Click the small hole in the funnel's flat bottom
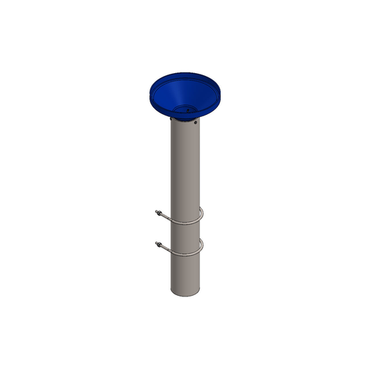click(186, 108)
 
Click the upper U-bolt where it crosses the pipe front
click(183, 223)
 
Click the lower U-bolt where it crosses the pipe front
click(183, 254)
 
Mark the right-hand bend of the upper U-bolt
click(202, 216)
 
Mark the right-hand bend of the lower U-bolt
click(202, 246)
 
